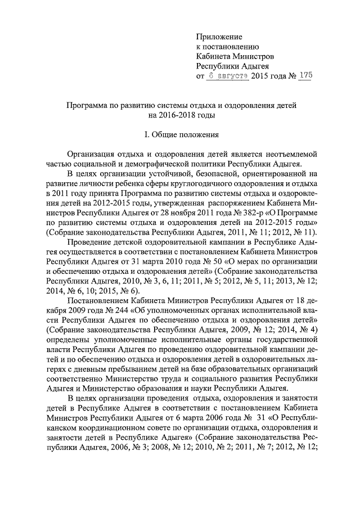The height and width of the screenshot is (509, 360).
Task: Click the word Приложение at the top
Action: [x=218, y=37]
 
